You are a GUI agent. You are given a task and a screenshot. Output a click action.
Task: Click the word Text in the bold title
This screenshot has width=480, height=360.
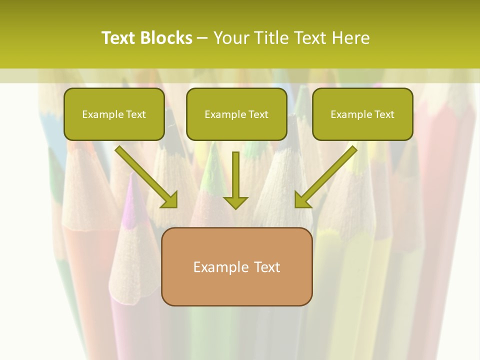pos(118,37)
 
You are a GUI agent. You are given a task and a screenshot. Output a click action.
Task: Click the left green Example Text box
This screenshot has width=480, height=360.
pos(114,114)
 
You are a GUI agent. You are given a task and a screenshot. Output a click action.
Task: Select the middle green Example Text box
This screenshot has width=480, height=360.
pos(236,114)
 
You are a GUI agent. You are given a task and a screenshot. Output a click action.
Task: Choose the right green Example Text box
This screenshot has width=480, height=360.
pos(362,114)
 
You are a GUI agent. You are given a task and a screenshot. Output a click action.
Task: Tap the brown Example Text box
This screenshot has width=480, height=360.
pos(236,266)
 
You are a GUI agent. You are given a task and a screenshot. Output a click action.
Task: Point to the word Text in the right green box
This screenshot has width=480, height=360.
pos(384,114)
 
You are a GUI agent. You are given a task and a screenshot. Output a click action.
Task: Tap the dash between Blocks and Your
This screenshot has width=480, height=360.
pos(203,38)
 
